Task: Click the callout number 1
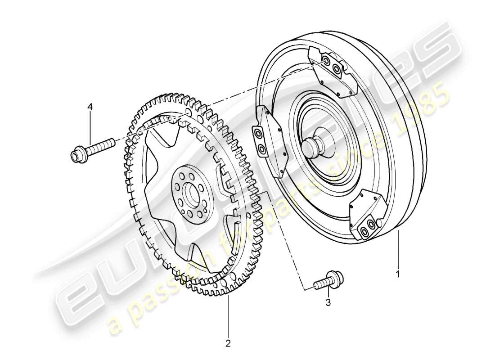point(397,273)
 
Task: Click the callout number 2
point(228,343)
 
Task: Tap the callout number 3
point(328,303)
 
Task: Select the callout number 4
point(90,107)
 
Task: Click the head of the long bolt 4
point(77,154)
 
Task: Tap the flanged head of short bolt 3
point(335,276)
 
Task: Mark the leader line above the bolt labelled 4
point(90,126)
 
